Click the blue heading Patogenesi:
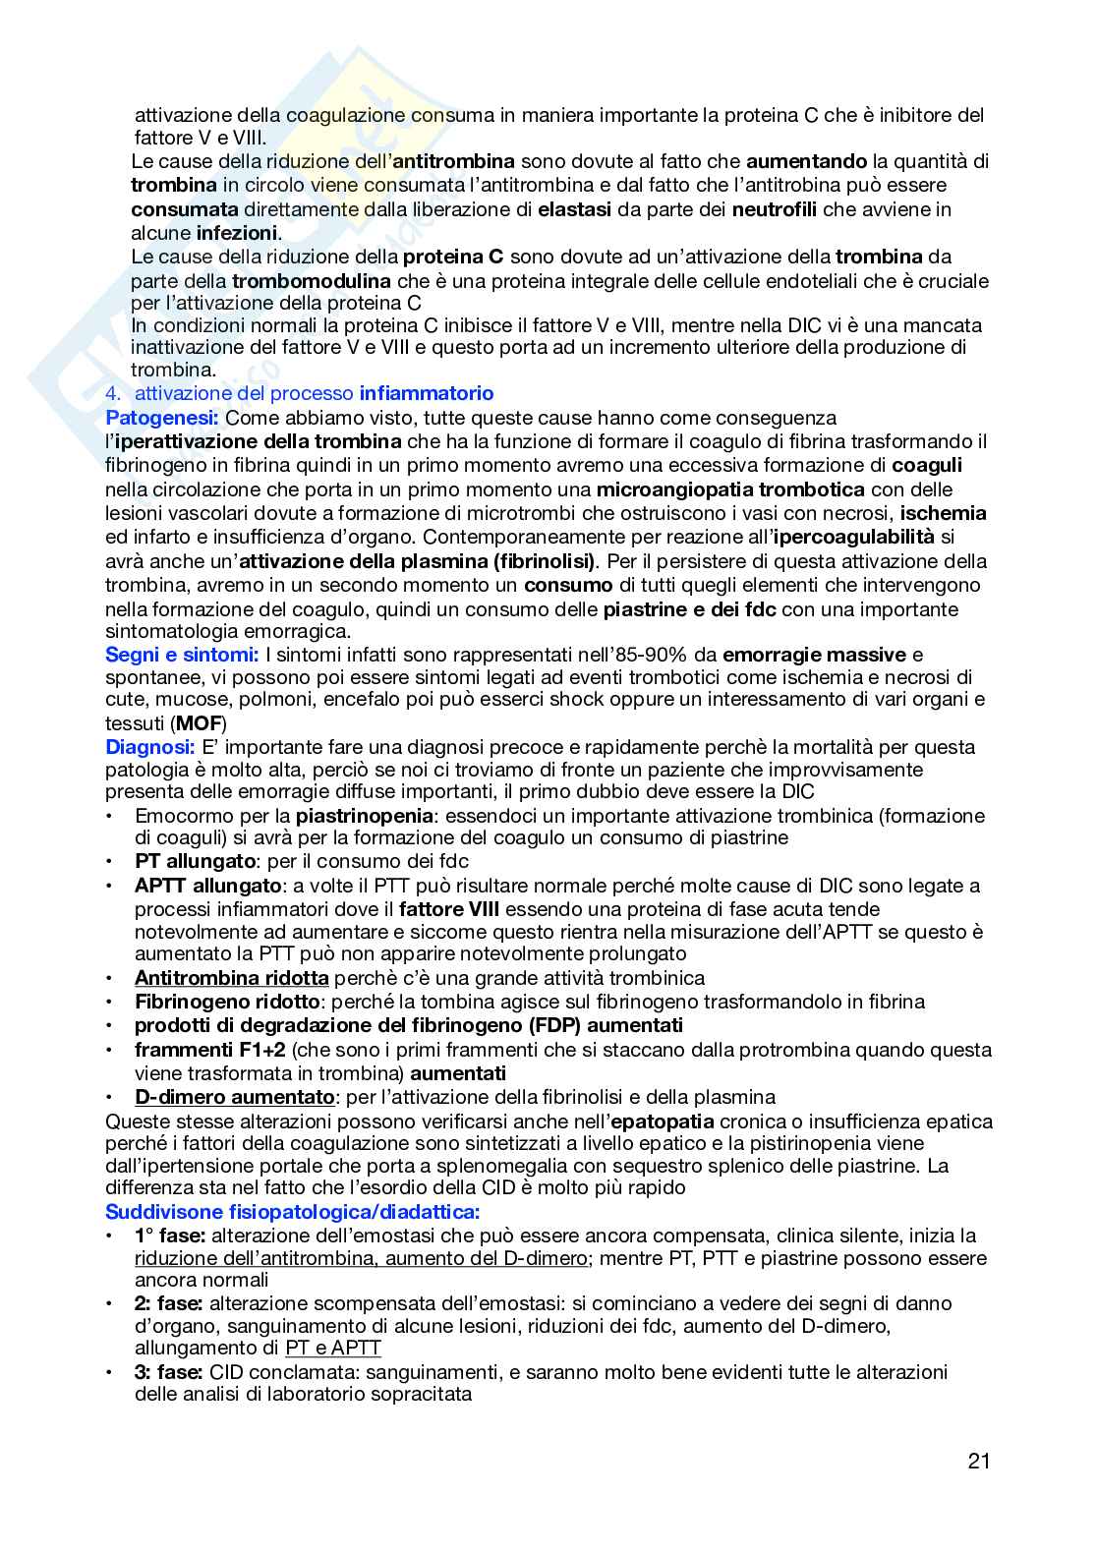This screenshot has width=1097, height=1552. click(x=162, y=417)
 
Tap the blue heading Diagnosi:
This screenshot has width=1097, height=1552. click(x=150, y=746)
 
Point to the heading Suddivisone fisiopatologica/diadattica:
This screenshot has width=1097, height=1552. click(x=292, y=1211)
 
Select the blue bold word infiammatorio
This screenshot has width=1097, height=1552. click(x=427, y=393)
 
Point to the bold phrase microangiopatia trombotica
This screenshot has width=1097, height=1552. click(x=730, y=489)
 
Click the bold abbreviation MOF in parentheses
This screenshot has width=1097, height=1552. click(x=198, y=722)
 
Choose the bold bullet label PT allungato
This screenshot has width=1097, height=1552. click(x=195, y=861)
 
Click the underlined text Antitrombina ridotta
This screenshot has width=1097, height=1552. click(x=231, y=978)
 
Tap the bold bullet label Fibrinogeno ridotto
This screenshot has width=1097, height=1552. click(x=227, y=1002)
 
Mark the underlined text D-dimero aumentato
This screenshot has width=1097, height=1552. click(x=234, y=1097)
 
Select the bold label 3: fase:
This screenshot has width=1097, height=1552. click(x=169, y=1371)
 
